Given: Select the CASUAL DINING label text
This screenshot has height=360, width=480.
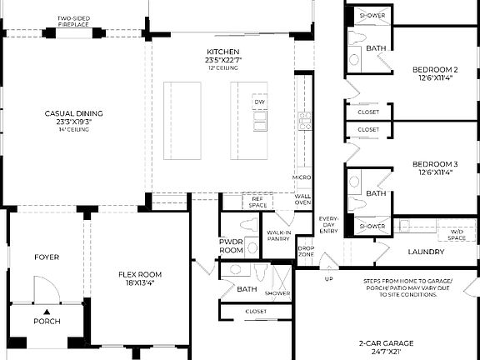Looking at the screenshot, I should pyautogui.click(x=67, y=116).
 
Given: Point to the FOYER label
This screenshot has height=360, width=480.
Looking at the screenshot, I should pyautogui.click(x=47, y=257).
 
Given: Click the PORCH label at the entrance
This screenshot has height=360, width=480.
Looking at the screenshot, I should pyautogui.click(x=47, y=321).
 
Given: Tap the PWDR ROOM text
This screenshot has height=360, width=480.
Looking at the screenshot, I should pyautogui.click(x=231, y=246).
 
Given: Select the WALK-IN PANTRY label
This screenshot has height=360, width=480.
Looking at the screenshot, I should pyautogui.click(x=277, y=236).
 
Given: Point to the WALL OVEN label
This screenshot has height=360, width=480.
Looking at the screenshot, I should pyautogui.click(x=303, y=199).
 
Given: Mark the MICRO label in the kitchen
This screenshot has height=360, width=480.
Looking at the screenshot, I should pyautogui.click(x=302, y=177).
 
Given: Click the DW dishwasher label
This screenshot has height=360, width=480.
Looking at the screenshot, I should pyautogui.click(x=259, y=102).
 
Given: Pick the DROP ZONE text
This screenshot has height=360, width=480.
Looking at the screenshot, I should pyautogui.click(x=306, y=250).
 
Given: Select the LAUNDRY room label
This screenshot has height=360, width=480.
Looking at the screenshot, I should pyautogui.click(x=425, y=252).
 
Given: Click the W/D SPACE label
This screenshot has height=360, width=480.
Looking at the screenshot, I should pyautogui.click(x=457, y=234).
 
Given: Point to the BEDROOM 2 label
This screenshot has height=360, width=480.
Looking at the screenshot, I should pyautogui.click(x=435, y=73).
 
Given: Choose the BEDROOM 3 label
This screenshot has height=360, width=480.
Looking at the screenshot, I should pyautogui.click(x=435, y=168).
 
